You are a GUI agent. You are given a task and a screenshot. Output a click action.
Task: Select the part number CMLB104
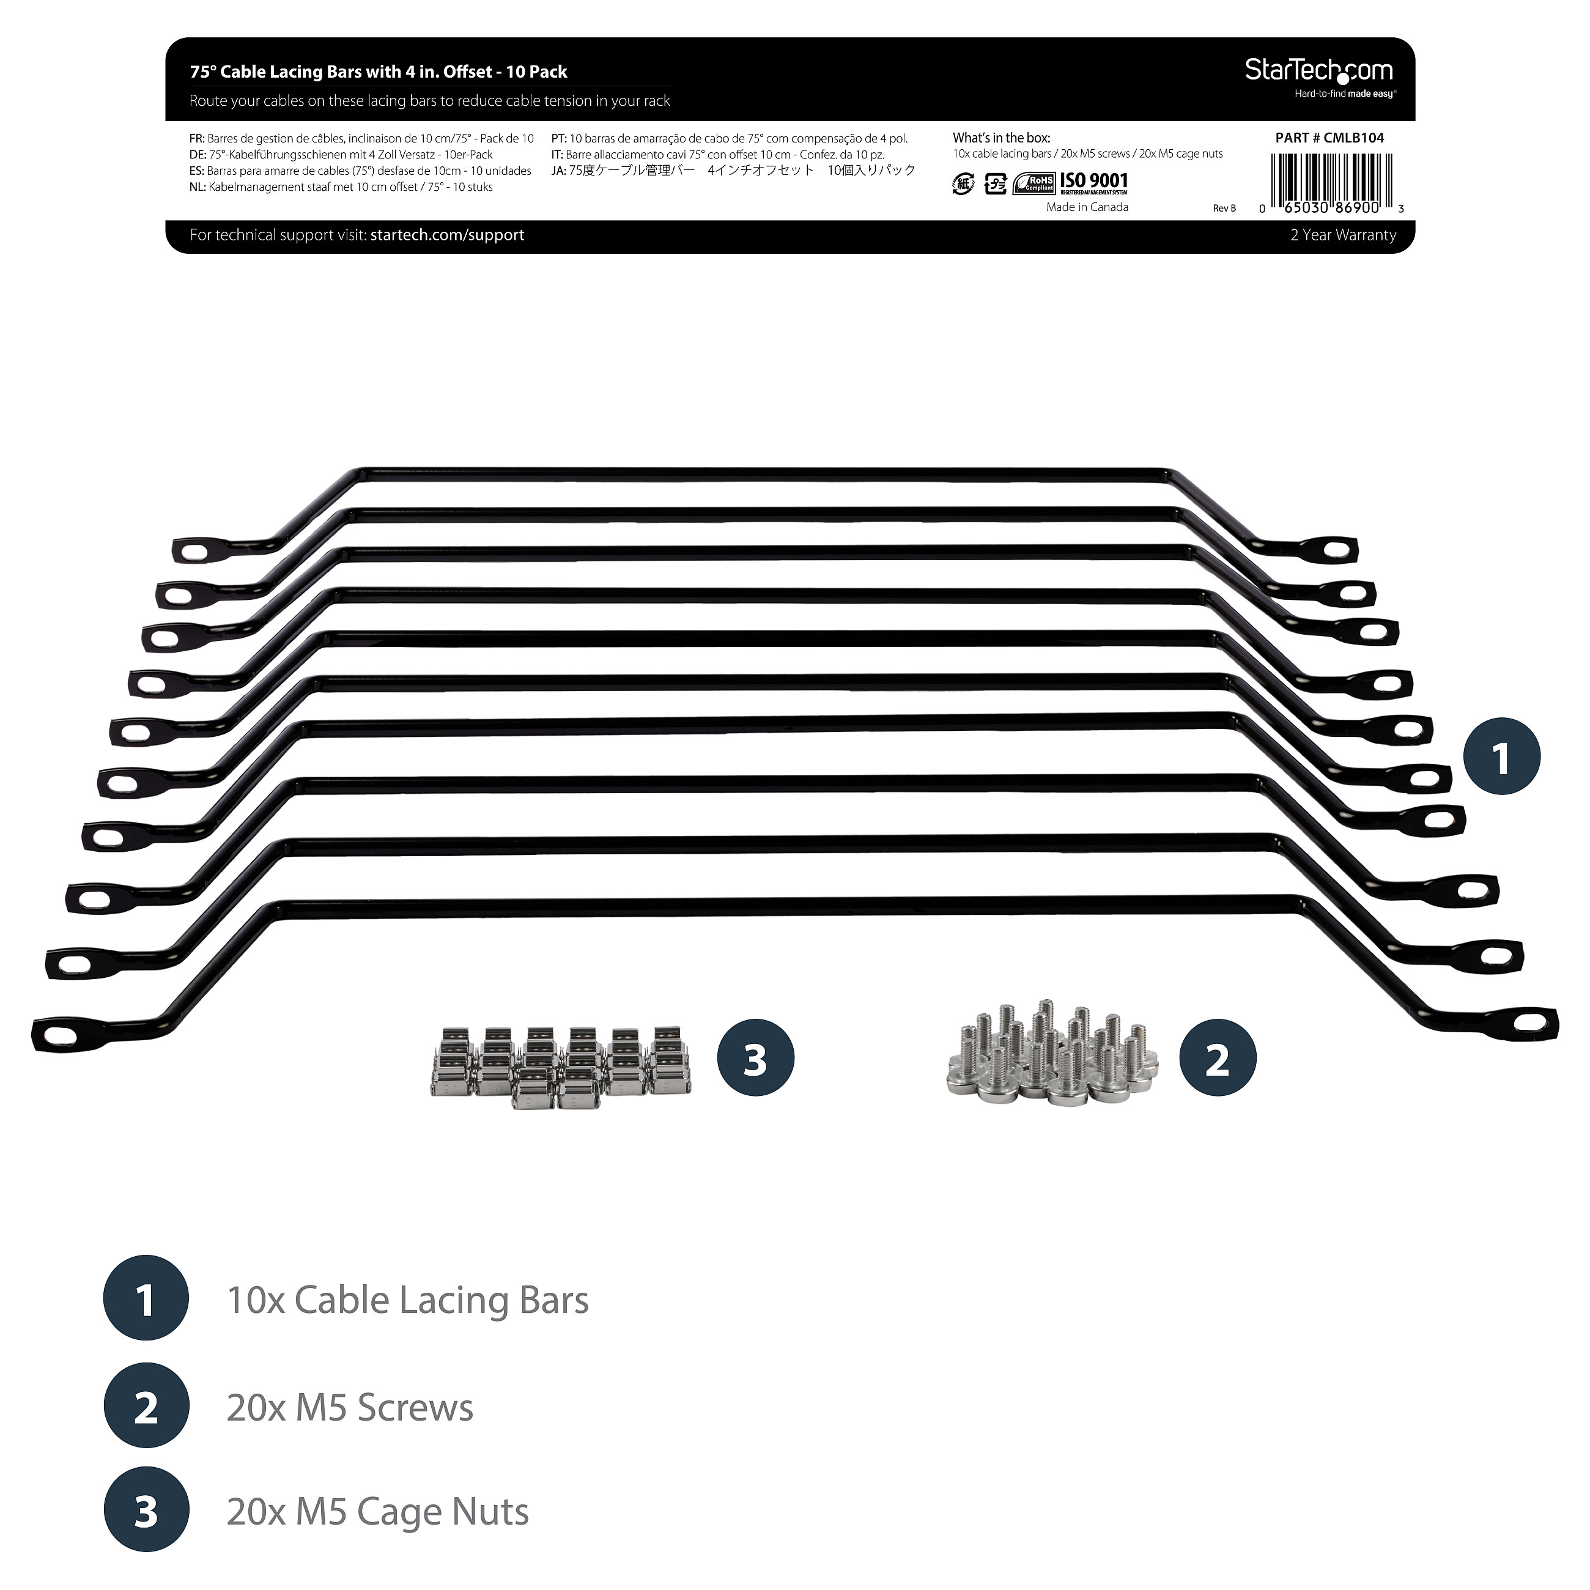point(1354,138)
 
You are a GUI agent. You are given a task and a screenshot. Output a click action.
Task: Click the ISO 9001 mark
point(1094,181)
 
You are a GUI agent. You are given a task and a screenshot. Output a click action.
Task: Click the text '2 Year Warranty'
point(1343,235)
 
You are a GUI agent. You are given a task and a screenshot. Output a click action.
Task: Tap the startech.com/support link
point(447,235)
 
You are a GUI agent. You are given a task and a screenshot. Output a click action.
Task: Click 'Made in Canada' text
point(1087,207)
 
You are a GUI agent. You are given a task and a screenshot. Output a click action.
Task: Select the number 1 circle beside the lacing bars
point(1502,756)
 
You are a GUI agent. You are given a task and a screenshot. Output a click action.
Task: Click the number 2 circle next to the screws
point(1218,1057)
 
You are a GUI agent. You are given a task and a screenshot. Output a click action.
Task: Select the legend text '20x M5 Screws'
point(350,1408)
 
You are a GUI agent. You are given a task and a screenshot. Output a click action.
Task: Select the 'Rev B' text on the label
point(1224,208)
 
